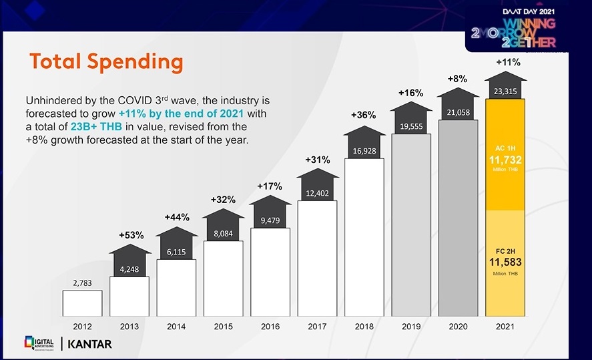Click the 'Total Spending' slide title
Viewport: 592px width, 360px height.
[x=106, y=62]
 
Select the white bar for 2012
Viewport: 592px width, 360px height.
[x=82, y=303]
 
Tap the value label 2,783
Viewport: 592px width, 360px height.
[x=82, y=283]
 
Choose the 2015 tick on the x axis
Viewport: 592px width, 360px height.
[x=224, y=327]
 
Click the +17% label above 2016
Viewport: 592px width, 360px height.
[x=270, y=186]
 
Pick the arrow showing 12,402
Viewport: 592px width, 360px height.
[x=317, y=193]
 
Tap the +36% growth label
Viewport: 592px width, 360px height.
[x=364, y=115]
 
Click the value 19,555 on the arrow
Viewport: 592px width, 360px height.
[x=411, y=126]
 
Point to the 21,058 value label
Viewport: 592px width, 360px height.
[x=458, y=112]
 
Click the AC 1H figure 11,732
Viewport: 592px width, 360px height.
[x=505, y=160]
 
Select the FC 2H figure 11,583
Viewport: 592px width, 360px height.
[x=505, y=262]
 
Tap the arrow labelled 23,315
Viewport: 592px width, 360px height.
[x=505, y=92]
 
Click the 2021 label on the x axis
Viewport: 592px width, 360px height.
[x=505, y=327]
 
